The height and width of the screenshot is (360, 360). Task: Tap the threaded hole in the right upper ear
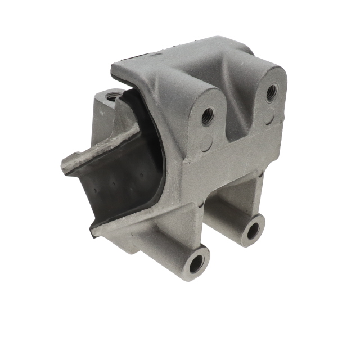(x=271, y=91)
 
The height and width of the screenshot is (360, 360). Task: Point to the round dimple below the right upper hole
(x=270, y=118)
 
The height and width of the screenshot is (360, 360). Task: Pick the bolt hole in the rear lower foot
(x=254, y=228)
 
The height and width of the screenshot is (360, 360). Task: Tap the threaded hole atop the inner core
(x=113, y=97)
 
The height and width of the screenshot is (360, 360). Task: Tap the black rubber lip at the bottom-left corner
(x=92, y=230)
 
